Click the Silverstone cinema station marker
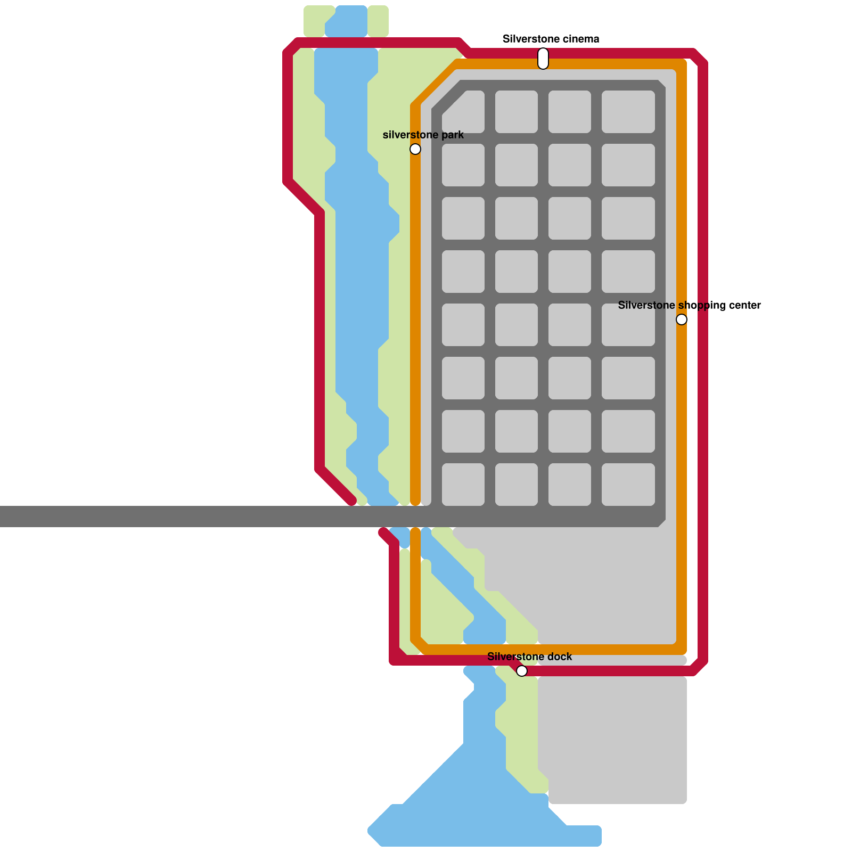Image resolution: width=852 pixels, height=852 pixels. pos(543,59)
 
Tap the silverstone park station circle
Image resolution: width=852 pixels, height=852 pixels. pos(415,149)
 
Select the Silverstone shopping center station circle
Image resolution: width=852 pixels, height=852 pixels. pos(682,319)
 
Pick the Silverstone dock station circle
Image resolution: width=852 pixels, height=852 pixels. pos(522,671)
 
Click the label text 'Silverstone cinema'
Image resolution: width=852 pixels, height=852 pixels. pos(551,39)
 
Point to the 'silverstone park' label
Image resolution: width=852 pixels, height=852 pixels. pos(423,135)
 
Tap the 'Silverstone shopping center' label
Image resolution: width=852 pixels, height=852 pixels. pos(689,305)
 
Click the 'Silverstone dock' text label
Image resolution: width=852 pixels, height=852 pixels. pos(529,657)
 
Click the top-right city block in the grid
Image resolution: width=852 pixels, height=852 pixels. pos(628,112)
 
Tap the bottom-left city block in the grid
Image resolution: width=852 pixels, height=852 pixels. pos(463,485)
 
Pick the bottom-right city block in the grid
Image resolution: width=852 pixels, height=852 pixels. pos(628,485)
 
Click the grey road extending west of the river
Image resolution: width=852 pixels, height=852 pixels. pos(160,517)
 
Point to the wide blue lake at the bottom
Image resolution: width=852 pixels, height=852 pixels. pos(479,815)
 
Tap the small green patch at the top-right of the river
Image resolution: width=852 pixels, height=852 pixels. pos(378,21)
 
